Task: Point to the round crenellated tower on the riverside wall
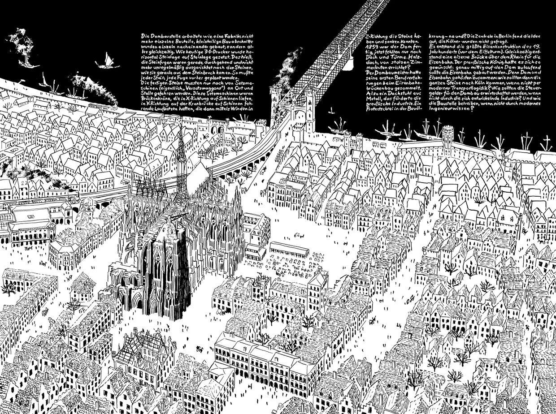447,134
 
